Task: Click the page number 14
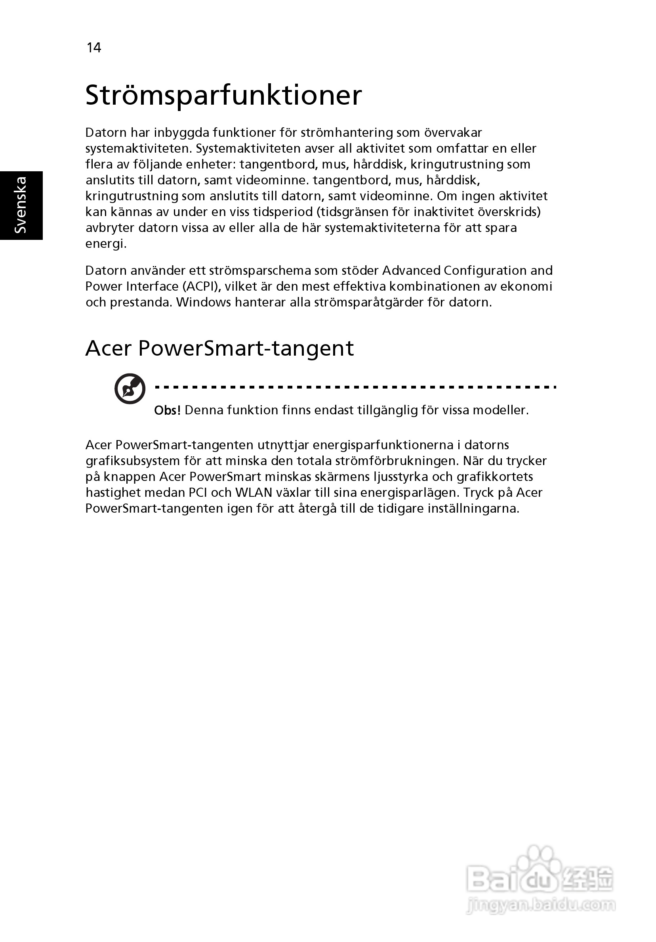click(x=93, y=48)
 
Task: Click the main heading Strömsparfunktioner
click(x=223, y=96)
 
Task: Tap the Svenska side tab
click(x=21, y=205)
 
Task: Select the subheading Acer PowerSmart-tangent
click(x=219, y=348)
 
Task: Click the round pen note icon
click(x=130, y=388)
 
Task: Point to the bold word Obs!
click(x=167, y=410)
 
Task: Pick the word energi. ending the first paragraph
click(x=106, y=244)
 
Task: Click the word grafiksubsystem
click(x=132, y=461)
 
